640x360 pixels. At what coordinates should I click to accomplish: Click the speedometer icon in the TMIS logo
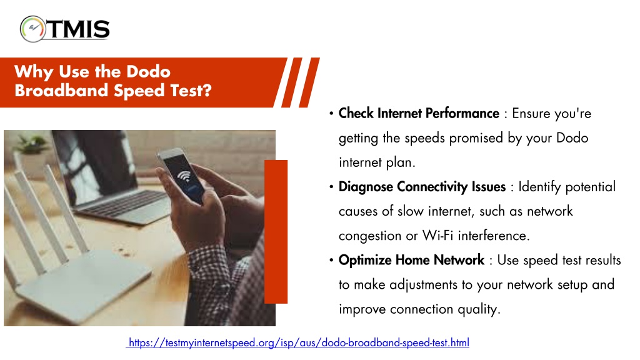point(32,29)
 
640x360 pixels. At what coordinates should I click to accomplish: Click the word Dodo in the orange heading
point(148,72)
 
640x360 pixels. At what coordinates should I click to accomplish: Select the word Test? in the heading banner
point(191,91)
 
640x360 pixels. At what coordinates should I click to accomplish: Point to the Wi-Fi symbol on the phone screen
point(184,176)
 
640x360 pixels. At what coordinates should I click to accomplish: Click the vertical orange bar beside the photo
point(276,231)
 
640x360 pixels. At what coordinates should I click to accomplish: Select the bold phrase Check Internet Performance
point(419,113)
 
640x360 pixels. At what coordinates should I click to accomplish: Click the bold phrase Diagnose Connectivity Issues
point(422,186)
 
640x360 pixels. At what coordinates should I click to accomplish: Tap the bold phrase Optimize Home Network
point(411,260)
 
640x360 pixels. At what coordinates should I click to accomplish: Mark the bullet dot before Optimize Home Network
point(331,261)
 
